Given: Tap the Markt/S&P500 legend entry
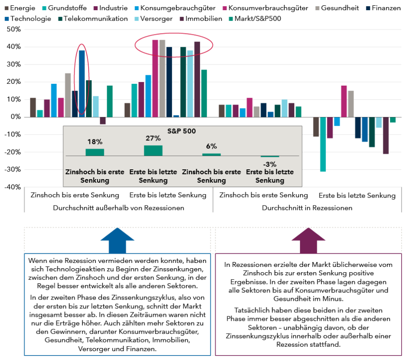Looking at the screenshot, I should pos(255,19).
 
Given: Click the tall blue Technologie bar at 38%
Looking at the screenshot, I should pos(82,84).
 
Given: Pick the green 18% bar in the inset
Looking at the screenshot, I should pos(94,152).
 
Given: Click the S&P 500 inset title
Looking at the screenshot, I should pos(182,131).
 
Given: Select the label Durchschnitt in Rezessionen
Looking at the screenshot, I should pos(307,207).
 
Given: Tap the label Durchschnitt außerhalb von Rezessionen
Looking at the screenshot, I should pos(118,207).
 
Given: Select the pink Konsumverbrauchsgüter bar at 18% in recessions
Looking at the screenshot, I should pos(344,101).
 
